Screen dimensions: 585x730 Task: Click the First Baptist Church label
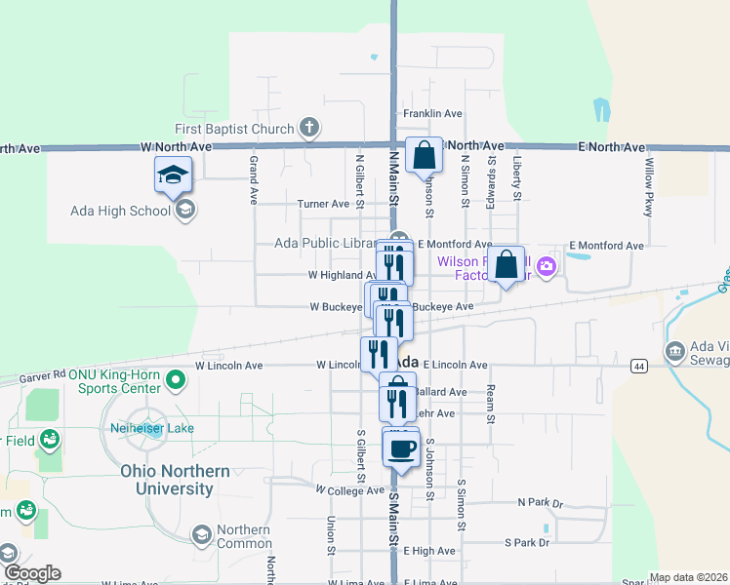pyautogui.click(x=234, y=129)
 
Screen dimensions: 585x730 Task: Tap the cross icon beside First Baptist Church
pyautogui.click(x=308, y=128)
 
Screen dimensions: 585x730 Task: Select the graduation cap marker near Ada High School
pyautogui.click(x=174, y=175)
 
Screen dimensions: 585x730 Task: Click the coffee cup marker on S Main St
pyautogui.click(x=400, y=449)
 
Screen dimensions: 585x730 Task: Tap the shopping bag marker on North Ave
pyautogui.click(x=425, y=155)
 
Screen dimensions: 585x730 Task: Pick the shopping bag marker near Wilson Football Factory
pyautogui.click(x=507, y=264)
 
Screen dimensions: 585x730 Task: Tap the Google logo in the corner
pyautogui.click(x=32, y=573)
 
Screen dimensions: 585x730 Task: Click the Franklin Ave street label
pyautogui.click(x=432, y=114)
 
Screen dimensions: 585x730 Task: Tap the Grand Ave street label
pyautogui.click(x=253, y=179)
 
